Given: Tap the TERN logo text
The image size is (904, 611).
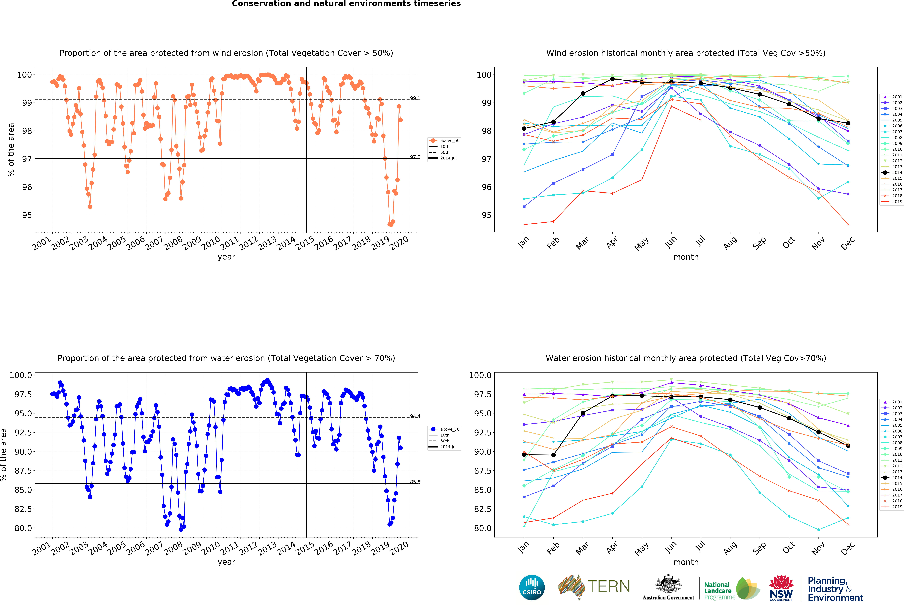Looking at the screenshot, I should pyautogui.click(x=608, y=587).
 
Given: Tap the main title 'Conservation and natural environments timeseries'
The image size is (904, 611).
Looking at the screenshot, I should pyautogui.click(x=346, y=4).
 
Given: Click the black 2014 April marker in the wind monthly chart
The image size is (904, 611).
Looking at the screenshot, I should pyautogui.click(x=612, y=79).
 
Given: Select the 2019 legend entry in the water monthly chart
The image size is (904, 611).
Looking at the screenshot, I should pyautogui.click(x=894, y=507).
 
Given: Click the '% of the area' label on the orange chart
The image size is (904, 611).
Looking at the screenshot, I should pyautogui.click(x=11, y=150).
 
